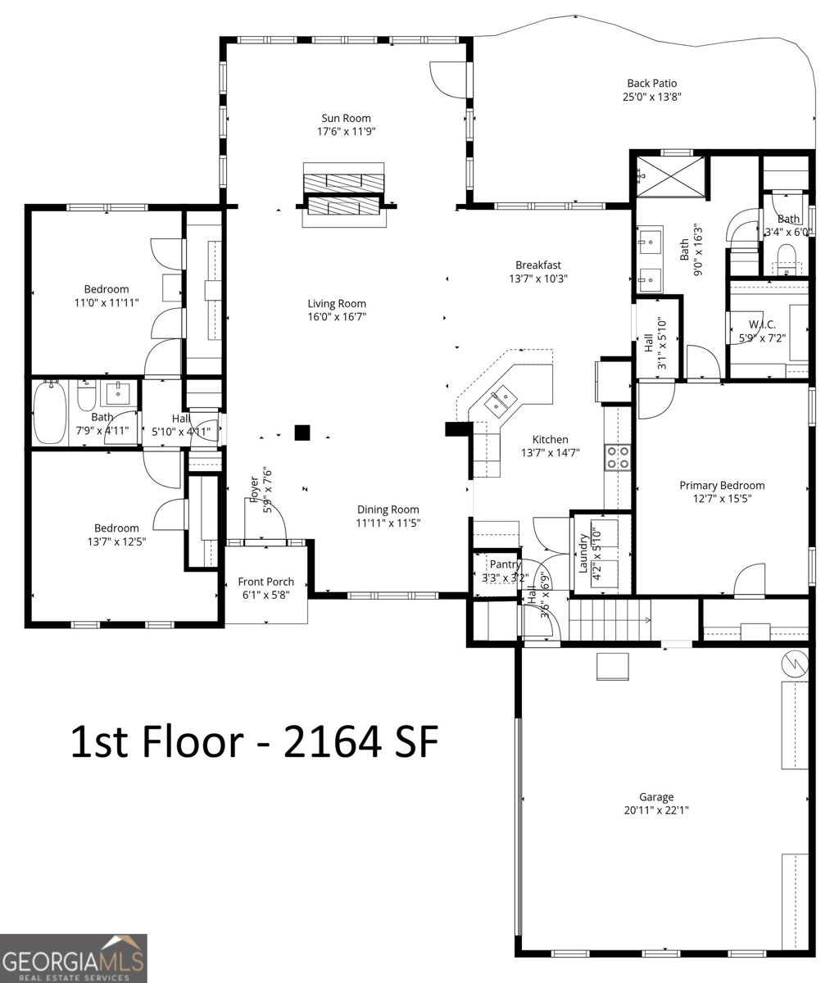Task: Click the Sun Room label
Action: pyautogui.click(x=346, y=118)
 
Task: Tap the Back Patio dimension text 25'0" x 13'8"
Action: pyautogui.click(x=651, y=97)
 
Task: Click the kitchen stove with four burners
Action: pyautogui.click(x=617, y=457)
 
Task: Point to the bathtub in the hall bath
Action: pyautogui.click(x=51, y=412)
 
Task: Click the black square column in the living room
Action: pyautogui.click(x=302, y=433)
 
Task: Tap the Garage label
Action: pyautogui.click(x=656, y=796)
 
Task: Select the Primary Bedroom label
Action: pyautogui.click(x=722, y=485)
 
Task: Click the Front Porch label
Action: pyautogui.click(x=265, y=582)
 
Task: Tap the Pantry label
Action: pyautogui.click(x=505, y=564)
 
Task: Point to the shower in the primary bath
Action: pyautogui.click(x=669, y=176)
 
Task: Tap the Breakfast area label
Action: pyautogui.click(x=537, y=265)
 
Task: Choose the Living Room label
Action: pyautogui.click(x=337, y=303)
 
